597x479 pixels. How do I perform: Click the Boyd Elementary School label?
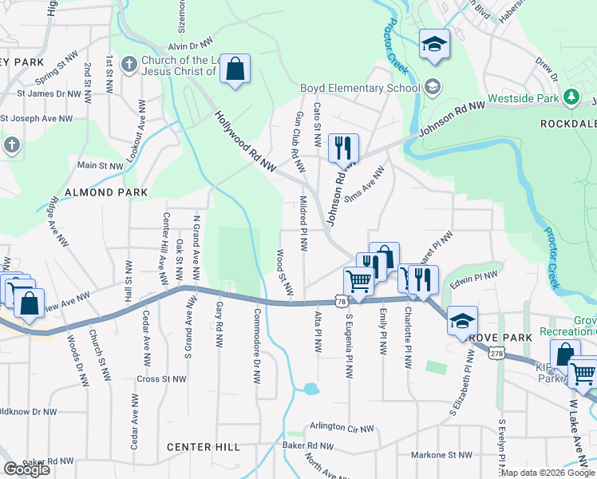pyautogui.click(x=359, y=88)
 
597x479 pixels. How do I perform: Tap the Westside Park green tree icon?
pyautogui.click(x=570, y=97)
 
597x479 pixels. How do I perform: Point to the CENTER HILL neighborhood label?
pyautogui.click(x=203, y=447)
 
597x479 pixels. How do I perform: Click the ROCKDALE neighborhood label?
pyautogui.click(x=568, y=125)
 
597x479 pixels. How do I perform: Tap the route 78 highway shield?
pyautogui.click(x=342, y=302)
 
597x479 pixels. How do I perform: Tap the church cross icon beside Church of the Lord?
pyautogui.click(x=129, y=63)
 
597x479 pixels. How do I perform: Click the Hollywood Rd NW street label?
pyautogui.click(x=244, y=140)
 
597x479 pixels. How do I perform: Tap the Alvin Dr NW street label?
pyautogui.click(x=190, y=46)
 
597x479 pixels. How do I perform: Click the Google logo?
pyautogui.click(x=26, y=469)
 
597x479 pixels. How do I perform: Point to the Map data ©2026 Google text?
pyautogui.click(x=548, y=473)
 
